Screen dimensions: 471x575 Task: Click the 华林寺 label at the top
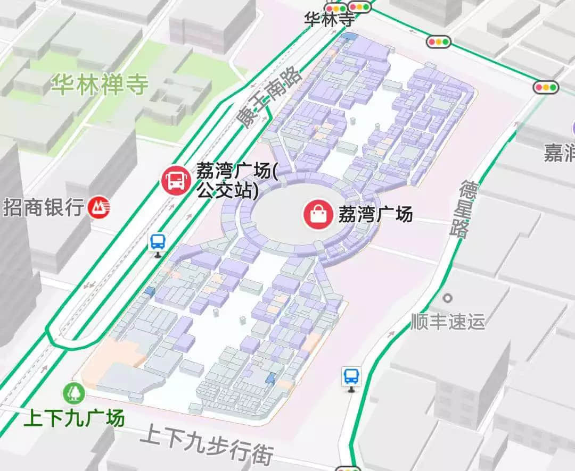click(x=329, y=20)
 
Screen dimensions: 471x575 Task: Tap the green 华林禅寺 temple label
click(x=100, y=85)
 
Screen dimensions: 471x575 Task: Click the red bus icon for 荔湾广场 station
click(x=176, y=179)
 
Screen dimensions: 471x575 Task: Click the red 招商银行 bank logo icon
click(x=100, y=207)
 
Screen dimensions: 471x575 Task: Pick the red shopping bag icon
click(x=318, y=214)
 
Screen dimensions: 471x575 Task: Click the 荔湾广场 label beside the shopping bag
click(x=375, y=214)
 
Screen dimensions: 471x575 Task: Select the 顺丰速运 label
click(x=448, y=321)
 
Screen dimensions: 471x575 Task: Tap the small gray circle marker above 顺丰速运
click(x=448, y=298)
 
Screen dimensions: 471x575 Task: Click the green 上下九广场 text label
click(x=74, y=418)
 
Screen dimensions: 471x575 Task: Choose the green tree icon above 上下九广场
click(x=73, y=393)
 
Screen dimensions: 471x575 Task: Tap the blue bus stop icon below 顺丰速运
click(x=351, y=377)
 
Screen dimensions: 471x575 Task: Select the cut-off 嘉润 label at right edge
click(x=560, y=153)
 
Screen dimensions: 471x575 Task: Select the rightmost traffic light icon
click(x=547, y=87)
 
